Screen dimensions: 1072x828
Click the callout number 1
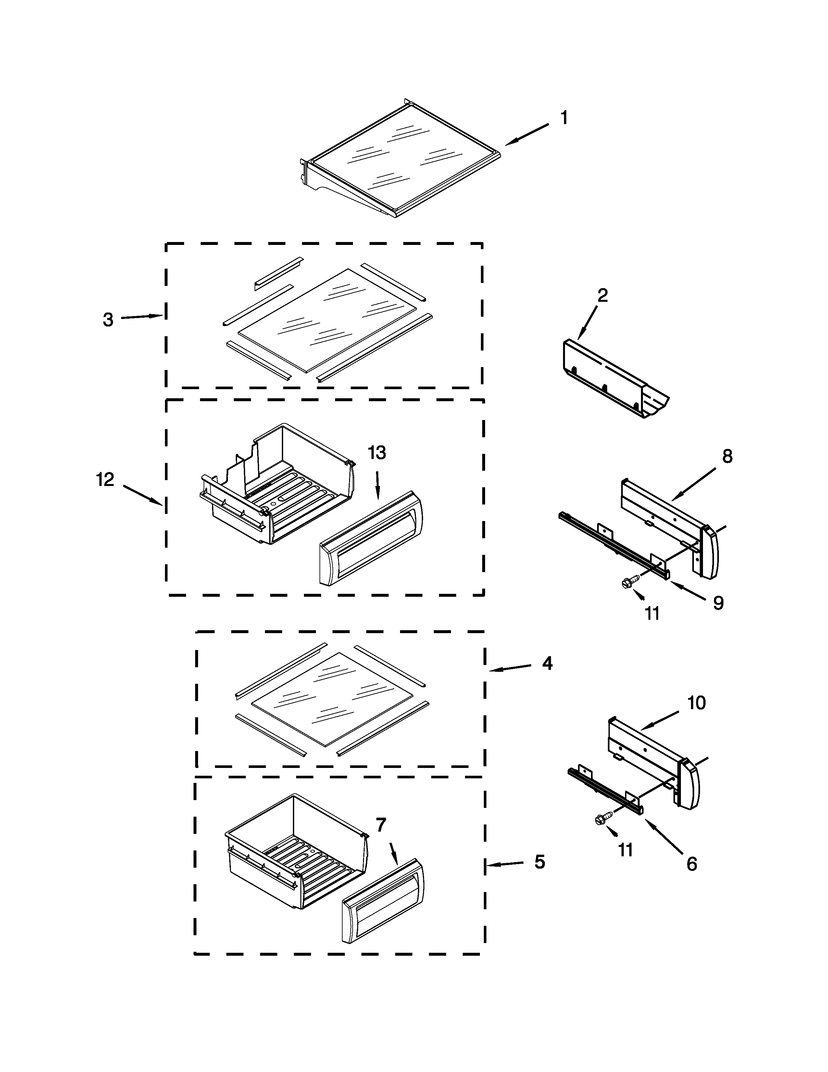[564, 118]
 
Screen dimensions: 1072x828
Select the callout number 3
[108, 320]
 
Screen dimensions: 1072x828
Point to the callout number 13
[377, 453]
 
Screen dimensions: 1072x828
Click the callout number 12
[105, 479]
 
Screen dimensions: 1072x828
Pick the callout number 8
[727, 456]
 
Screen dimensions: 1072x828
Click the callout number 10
[696, 703]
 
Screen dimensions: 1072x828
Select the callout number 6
[692, 864]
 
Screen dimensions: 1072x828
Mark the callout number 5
[540, 862]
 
